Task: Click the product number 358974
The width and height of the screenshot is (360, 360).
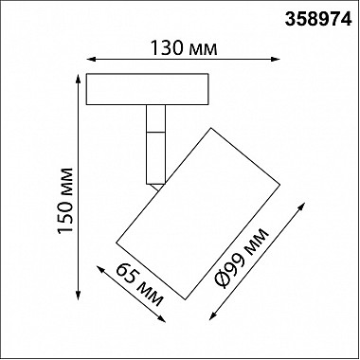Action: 318,19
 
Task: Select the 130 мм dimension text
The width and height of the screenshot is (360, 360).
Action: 184,48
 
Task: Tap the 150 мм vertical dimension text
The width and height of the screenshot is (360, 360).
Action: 65,201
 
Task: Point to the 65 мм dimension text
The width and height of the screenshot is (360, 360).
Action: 139,285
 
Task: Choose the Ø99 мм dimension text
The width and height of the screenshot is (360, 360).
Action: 242,258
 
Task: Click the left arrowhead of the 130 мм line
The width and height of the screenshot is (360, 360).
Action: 90,59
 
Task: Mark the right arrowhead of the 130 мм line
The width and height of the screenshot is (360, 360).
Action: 276,59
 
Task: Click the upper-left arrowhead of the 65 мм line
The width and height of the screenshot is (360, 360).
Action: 100,269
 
